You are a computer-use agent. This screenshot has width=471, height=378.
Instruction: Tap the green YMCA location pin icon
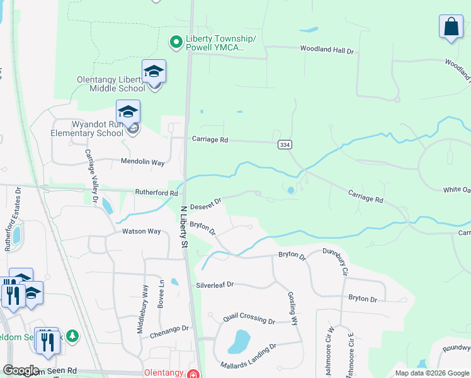(177, 42)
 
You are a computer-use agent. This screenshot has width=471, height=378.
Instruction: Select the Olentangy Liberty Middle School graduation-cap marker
(154, 72)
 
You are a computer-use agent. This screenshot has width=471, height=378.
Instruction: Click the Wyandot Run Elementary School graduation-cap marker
(128, 112)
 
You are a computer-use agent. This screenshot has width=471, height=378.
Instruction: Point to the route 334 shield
(284, 145)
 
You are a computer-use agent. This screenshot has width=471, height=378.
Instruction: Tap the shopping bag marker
(451, 27)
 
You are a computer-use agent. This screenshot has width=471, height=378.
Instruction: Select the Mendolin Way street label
(142, 163)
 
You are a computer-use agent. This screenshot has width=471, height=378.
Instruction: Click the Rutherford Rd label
(156, 193)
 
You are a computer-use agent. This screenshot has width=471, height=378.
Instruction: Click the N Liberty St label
(184, 225)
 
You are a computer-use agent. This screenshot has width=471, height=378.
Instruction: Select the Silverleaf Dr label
(215, 285)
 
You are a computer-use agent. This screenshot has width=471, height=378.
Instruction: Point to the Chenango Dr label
(169, 331)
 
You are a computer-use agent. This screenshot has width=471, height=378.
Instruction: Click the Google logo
(21, 370)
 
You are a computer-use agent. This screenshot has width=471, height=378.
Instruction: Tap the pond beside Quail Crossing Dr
(239, 341)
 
